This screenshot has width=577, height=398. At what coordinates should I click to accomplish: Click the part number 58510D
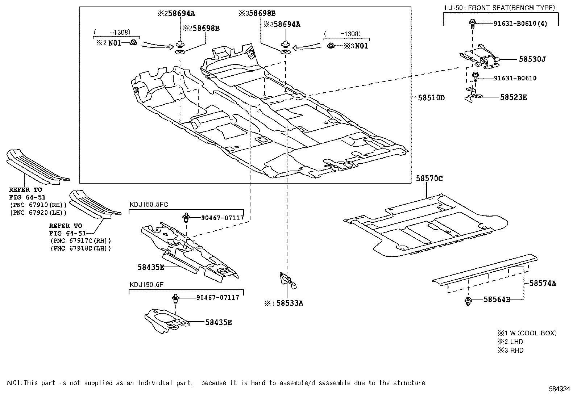431,97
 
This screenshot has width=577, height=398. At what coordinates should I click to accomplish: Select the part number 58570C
429,178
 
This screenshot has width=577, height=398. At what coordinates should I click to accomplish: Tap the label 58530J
532,59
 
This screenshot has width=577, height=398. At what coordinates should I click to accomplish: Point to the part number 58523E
514,97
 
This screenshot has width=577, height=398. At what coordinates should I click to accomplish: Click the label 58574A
543,283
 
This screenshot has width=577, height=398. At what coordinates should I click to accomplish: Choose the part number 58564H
497,299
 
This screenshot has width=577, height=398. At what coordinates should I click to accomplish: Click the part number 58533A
290,303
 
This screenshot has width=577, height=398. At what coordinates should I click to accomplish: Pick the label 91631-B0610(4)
520,24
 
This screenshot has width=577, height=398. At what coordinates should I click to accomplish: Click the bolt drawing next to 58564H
468,301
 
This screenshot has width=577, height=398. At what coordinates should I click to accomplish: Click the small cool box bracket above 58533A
287,281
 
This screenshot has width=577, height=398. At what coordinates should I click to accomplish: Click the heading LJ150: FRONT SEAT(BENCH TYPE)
499,8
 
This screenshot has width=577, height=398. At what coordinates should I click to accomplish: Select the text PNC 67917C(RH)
81,240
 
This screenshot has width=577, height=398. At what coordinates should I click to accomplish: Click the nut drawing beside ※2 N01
133,42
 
